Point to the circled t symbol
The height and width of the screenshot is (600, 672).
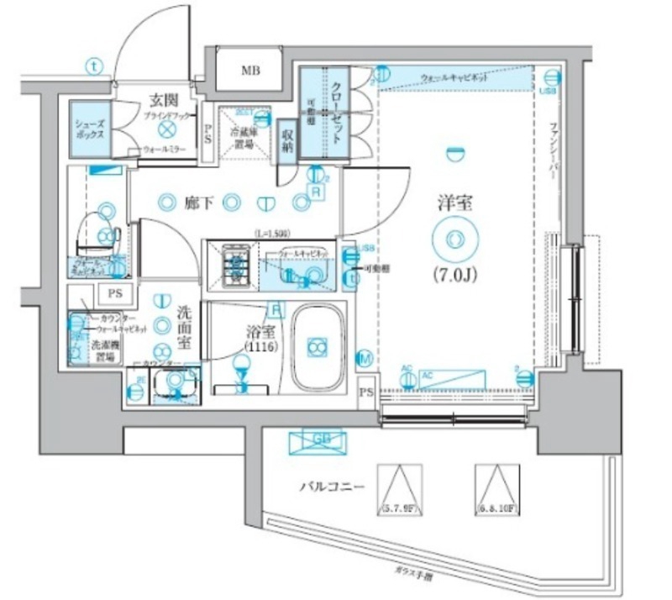(x=94, y=64)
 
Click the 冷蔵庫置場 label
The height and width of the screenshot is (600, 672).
(x=244, y=136)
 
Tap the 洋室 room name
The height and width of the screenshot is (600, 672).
(x=455, y=203)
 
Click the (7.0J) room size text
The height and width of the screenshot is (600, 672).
(x=455, y=274)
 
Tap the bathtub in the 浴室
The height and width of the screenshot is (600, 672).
(x=317, y=347)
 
